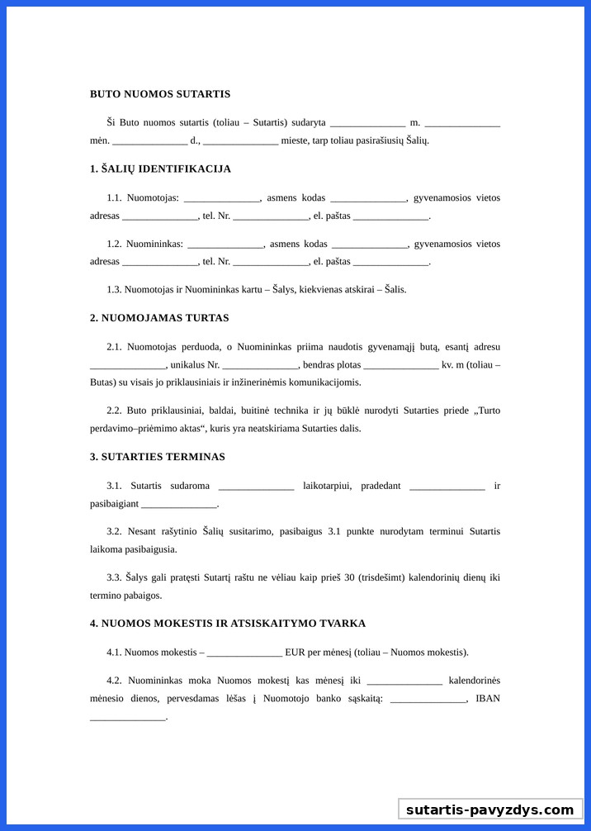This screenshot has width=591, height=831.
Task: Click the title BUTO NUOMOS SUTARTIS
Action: pyautogui.click(x=160, y=94)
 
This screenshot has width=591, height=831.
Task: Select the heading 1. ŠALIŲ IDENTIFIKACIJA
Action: pyautogui.click(x=160, y=169)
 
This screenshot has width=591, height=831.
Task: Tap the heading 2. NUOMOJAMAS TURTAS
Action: pyautogui.click(x=159, y=318)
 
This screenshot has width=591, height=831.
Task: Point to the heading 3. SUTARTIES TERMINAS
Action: pyautogui.click(x=158, y=457)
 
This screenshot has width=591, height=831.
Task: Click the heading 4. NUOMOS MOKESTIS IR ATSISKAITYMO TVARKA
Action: pyautogui.click(x=228, y=624)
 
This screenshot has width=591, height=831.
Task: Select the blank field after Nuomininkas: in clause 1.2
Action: pyautogui.click(x=225, y=245)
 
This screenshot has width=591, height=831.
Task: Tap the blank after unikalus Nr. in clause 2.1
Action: pyautogui.click(x=259, y=366)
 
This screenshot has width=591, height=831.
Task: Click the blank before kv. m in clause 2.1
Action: pyautogui.click(x=400, y=366)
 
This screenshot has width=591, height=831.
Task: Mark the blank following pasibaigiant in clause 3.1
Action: pyautogui.click(x=179, y=505)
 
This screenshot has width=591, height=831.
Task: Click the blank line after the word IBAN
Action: pyautogui.click(x=128, y=718)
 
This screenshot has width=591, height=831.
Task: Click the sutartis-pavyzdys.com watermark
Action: pyautogui.click(x=489, y=810)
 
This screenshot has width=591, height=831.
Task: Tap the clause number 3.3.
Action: pyautogui.click(x=115, y=577)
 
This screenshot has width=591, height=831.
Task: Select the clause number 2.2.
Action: pyautogui.click(x=115, y=411)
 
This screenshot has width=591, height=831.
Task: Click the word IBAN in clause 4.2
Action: pyautogui.click(x=488, y=699)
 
